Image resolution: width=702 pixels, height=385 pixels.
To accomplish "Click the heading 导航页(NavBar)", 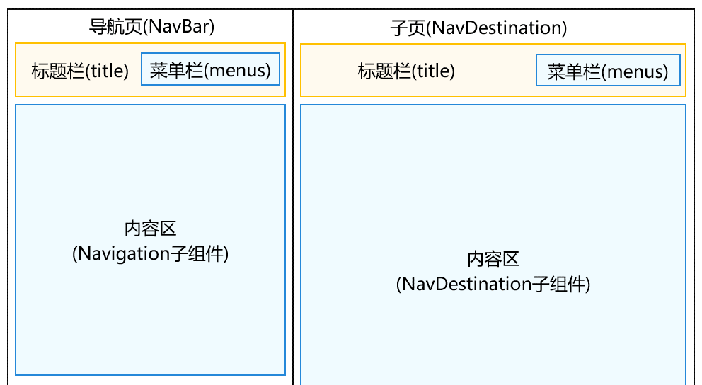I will click(x=151, y=27).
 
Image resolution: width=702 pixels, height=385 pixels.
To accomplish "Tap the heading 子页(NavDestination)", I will click(x=478, y=28).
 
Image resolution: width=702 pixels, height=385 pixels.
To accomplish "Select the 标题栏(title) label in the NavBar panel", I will click(x=80, y=71).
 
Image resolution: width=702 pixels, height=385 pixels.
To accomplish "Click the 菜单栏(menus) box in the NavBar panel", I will click(x=210, y=70).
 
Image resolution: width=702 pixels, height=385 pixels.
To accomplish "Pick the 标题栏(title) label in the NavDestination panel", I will click(x=406, y=71).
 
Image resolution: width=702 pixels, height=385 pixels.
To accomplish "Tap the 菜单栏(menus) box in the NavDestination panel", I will click(x=608, y=71).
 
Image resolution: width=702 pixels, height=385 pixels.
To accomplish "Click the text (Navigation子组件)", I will click(x=150, y=253).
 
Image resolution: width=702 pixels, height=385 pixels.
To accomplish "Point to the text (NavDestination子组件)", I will click(x=493, y=285).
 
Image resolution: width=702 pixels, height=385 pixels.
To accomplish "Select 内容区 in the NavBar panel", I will click(x=150, y=229).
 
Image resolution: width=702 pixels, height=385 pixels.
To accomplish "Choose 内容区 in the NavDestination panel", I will click(x=493, y=259).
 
